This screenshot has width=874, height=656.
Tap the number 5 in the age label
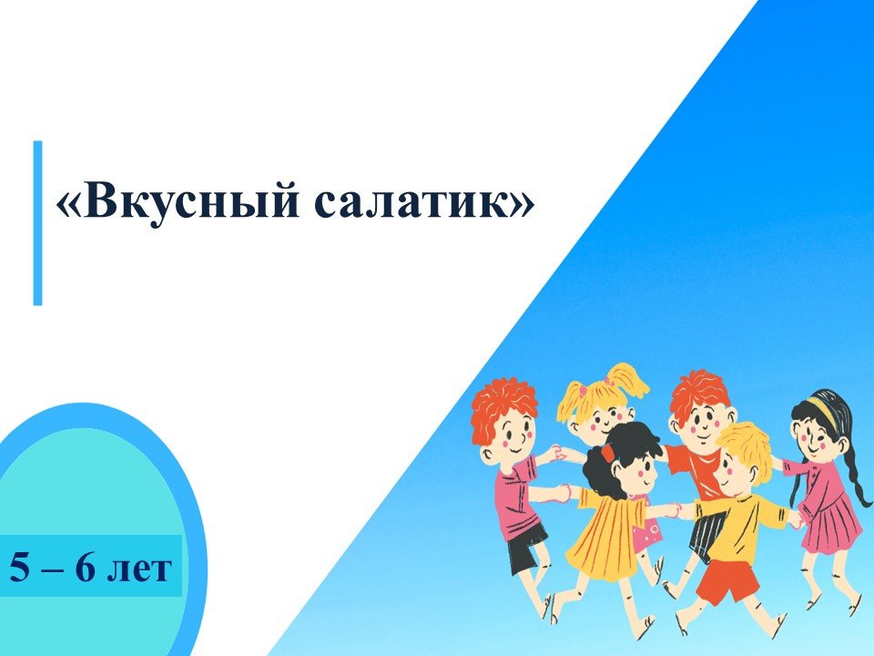pos(18,568)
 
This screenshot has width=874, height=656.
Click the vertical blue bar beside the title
pos(37,222)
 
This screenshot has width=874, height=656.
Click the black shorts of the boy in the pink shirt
pos(526,547)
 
